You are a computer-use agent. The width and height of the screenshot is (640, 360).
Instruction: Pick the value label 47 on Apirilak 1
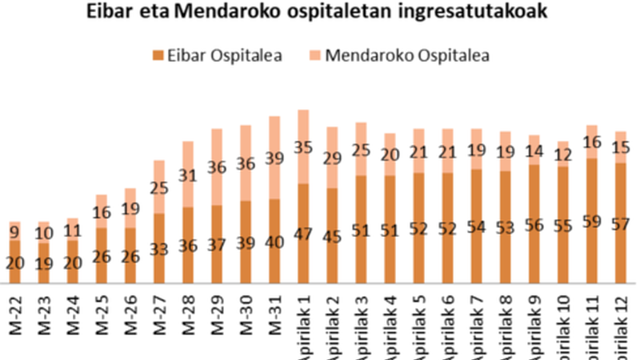pyautogui.click(x=304, y=235)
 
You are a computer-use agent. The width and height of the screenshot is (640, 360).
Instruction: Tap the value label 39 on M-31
pyautogui.click(x=275, y=159)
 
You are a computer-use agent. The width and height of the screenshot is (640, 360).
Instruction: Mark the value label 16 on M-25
pyautogui.click(x=102, y=212)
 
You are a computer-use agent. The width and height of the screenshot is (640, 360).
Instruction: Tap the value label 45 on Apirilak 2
pyautogui.click(x=333, y=237)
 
